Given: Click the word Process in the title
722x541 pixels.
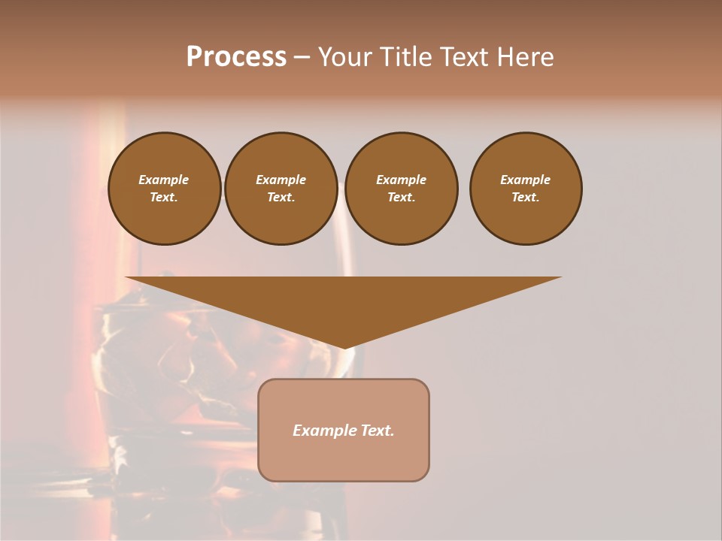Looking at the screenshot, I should (x=236, y=57).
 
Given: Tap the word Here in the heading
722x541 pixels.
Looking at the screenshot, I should (x=524, y=57).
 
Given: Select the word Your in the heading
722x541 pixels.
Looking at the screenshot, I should (x=346, y=57).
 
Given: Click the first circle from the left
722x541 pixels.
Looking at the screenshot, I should (x=164, y=189).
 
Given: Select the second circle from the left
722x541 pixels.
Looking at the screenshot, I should (x=281, y=189).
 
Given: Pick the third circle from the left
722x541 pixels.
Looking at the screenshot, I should (x=401, y=189).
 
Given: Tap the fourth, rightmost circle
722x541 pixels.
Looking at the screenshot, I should (x=525, y=189).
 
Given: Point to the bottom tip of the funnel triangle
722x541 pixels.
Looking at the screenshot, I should (x=344, y=347).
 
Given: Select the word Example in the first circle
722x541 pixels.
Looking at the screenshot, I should (x=164, y=180).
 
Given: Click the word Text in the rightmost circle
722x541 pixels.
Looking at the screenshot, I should (x=525, y=198).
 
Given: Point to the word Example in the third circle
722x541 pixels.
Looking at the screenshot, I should (x=401, y=180).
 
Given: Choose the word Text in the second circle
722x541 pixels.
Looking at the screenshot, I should (x=281, y=198).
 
